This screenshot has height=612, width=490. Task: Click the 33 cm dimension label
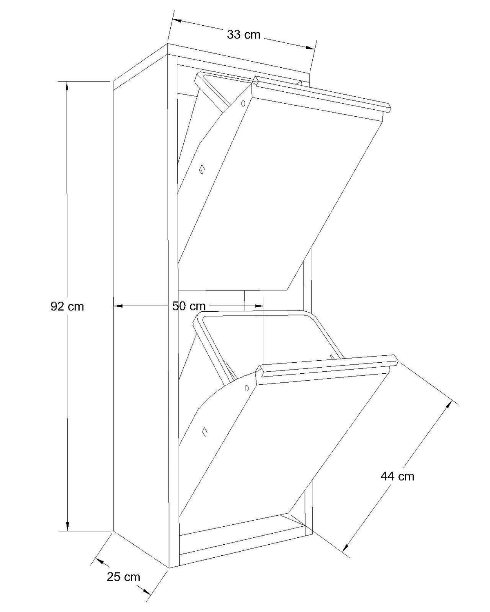click(x=243, y=35)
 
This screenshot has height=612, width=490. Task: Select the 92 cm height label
click(x=67, y=306)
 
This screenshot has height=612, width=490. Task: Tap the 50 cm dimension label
click(x=189, y=306)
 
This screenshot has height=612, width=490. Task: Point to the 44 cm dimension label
click(x=397, y=477)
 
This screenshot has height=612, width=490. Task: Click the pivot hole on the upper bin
click(x=243, y=104)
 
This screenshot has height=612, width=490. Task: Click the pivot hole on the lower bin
click(x=247, y=388)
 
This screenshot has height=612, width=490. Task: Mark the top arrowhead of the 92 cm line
click(x=67, y=86)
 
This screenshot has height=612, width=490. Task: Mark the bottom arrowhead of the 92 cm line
click(x=67, y=526)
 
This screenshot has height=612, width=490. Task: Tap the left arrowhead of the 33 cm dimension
click(x=177, y=21)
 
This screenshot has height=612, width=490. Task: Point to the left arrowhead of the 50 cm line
click(x=118, y=306)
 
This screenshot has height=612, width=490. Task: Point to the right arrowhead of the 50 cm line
click(x=259, y=306)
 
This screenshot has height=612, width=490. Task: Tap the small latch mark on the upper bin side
click(x=202, y=170)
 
